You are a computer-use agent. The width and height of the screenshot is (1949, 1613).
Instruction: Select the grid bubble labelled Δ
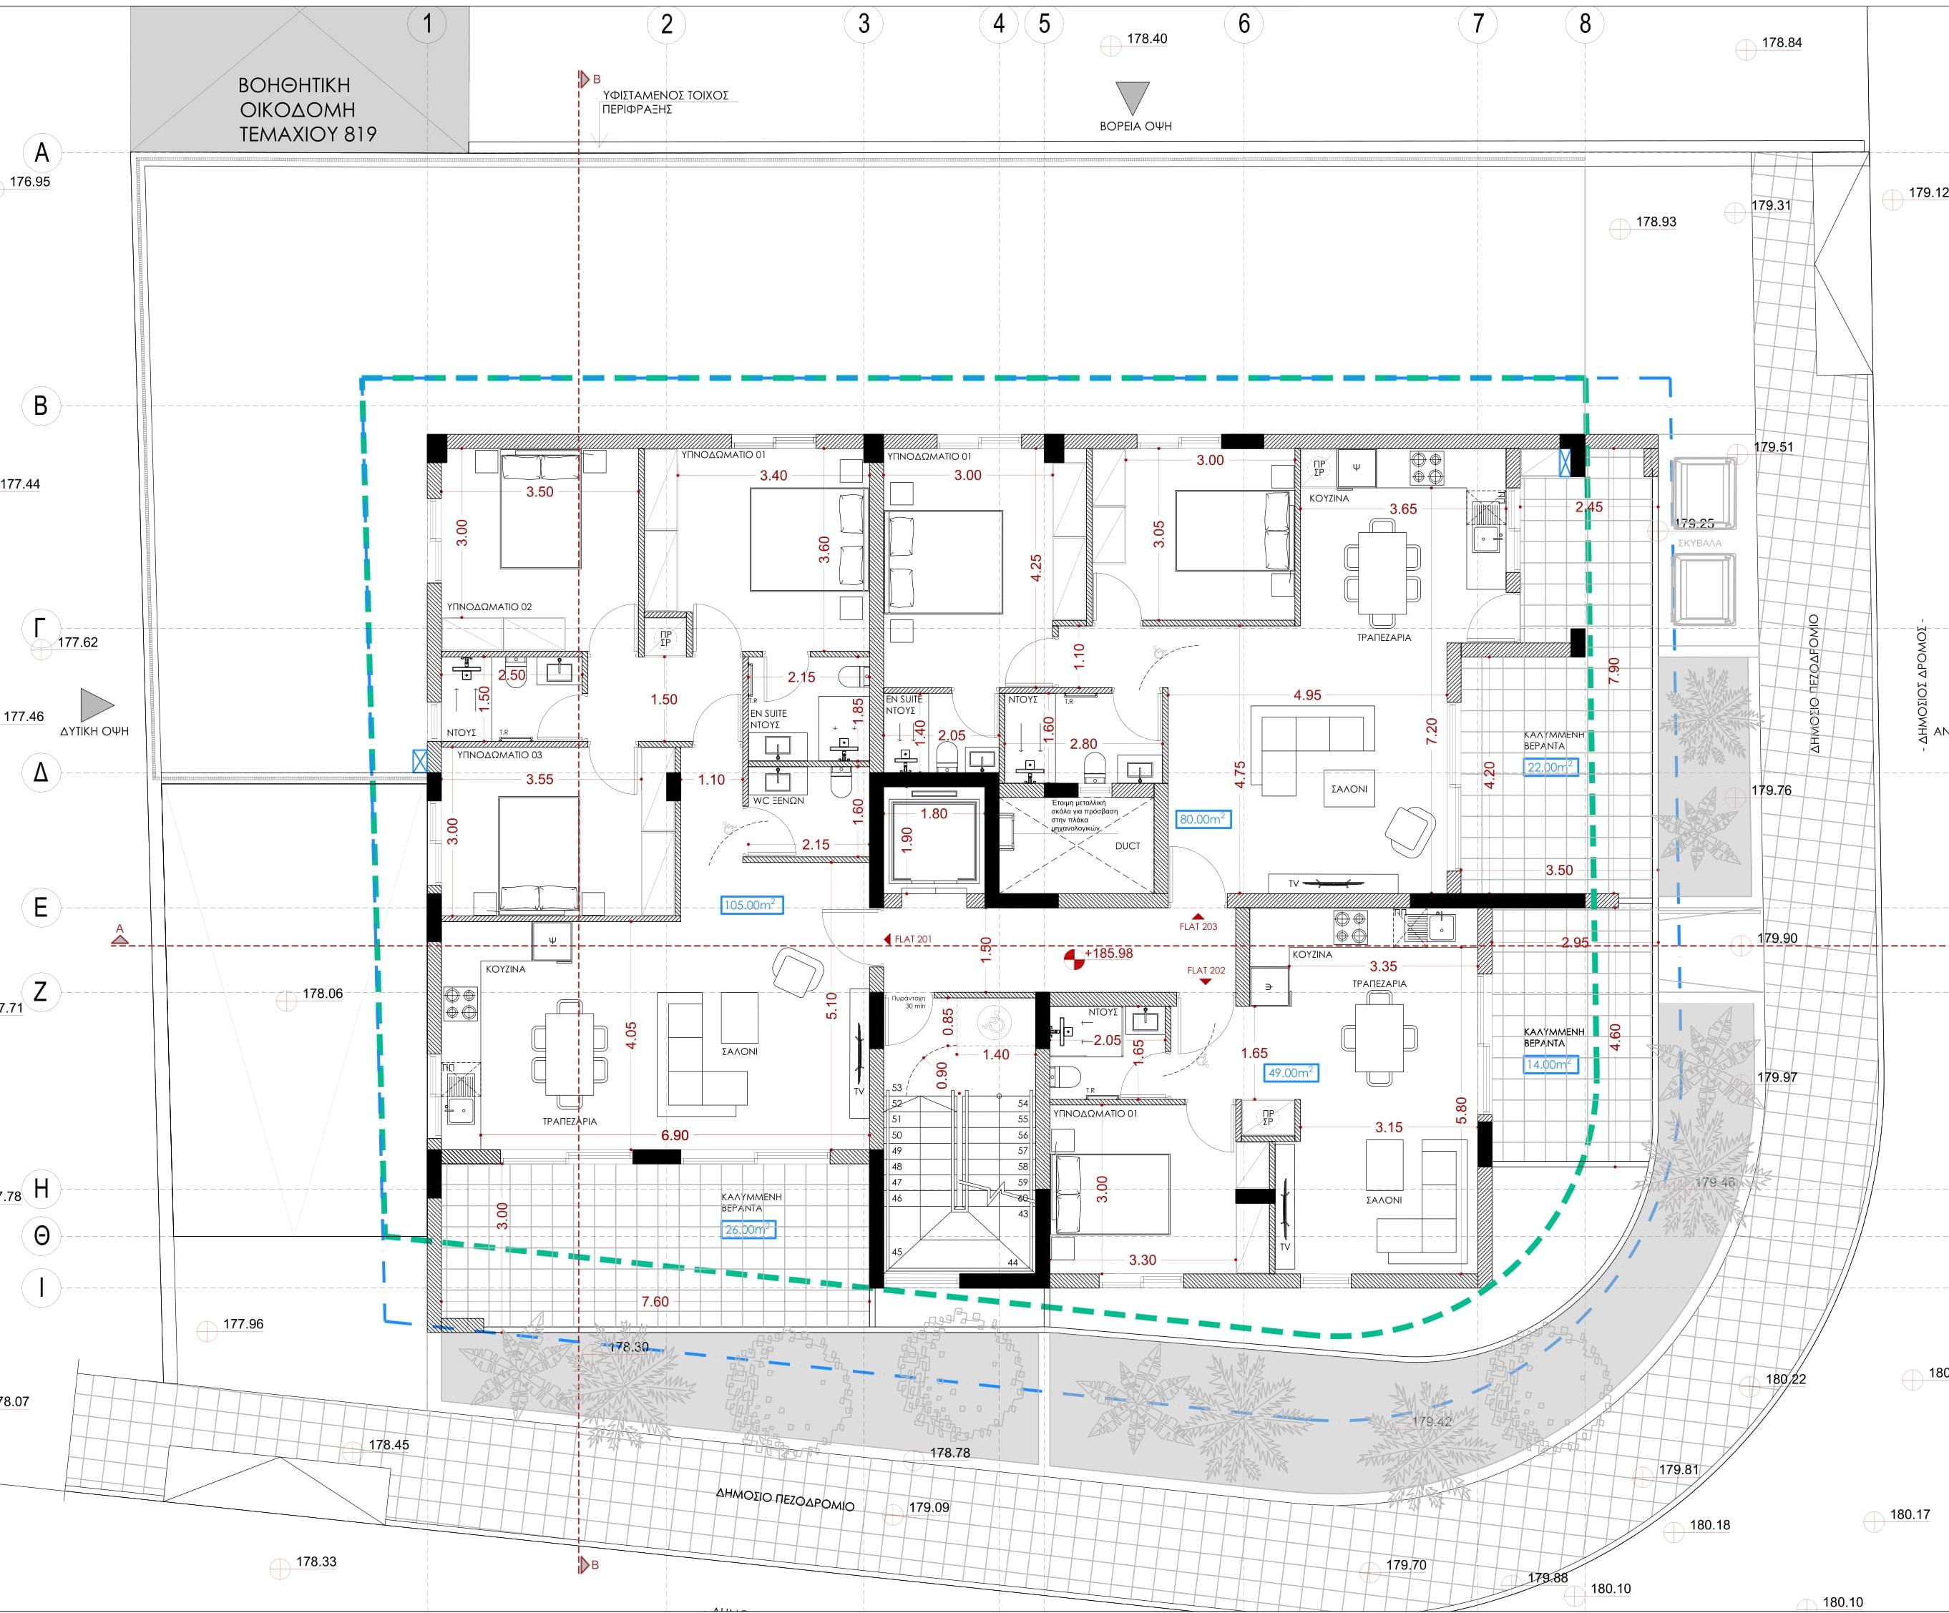click(x=41, y=772)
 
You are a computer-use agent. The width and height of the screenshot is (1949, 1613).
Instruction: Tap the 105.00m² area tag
click(x=751, y=905)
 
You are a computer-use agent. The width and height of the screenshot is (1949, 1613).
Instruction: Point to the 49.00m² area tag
click(x=1291, y=1072)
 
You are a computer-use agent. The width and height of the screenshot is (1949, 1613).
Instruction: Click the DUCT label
click(x=1128, y=845)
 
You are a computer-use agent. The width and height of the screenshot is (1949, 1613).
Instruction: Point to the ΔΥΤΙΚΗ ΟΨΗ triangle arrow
click(x=96, y=705)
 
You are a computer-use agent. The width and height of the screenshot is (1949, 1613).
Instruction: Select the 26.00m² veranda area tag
click(x=747, y=1230)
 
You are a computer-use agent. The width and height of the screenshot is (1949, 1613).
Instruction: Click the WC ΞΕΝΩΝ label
click(x=778, y=799)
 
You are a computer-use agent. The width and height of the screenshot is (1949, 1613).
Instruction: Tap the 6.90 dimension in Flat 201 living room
click(x=675, y=1135)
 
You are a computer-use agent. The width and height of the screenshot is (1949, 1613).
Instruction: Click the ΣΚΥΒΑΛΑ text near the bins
click(x=1699, y=543)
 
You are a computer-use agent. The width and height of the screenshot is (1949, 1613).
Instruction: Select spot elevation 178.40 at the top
click(x=1146, y=39)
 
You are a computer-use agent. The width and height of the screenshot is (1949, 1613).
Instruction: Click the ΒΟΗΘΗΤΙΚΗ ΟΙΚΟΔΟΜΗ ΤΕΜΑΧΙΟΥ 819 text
click(x=307, y=109)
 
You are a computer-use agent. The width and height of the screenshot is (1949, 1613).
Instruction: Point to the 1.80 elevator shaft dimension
click(x=934, y=814)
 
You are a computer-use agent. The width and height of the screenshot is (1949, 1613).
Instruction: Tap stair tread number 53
click(x=897, y=1088)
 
